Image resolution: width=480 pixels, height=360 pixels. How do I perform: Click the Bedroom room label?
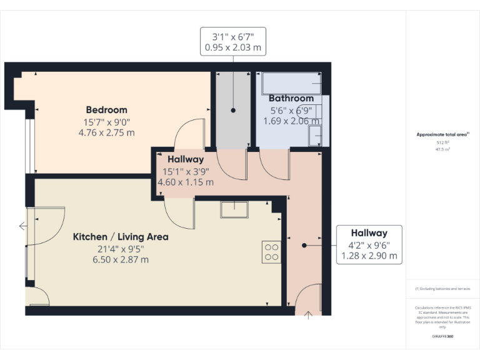tap(106, 110)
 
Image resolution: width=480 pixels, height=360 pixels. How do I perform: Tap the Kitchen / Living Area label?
tap(121, 237)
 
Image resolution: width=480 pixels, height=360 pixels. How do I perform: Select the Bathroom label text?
tap(291, 99)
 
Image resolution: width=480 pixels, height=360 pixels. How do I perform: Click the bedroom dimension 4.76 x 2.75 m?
tap(106, 132)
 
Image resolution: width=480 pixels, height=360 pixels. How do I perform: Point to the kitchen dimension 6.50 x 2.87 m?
tap(121, 259)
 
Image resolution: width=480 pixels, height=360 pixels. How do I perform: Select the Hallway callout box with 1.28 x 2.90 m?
tap(368, 244)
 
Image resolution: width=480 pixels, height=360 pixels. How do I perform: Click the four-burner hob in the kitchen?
tap(272, 251)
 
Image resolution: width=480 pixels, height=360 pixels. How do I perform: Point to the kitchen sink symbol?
tap(234, 209)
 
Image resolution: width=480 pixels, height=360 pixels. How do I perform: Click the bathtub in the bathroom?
tap(291, 83)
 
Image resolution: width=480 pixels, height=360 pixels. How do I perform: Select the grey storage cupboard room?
tap(232, 109)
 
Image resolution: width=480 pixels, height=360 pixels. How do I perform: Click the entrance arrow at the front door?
tap(307, 315)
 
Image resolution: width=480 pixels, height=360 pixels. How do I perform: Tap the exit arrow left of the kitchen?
tap(22, 226)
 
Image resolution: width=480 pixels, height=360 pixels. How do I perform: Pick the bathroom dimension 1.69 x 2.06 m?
tap(291, 121)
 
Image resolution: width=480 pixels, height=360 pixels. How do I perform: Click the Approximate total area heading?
tap(442, 134)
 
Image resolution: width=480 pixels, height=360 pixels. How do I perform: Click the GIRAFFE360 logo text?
tap(442, 336)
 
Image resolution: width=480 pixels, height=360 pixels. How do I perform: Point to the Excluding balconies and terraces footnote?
tap(442, 289)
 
